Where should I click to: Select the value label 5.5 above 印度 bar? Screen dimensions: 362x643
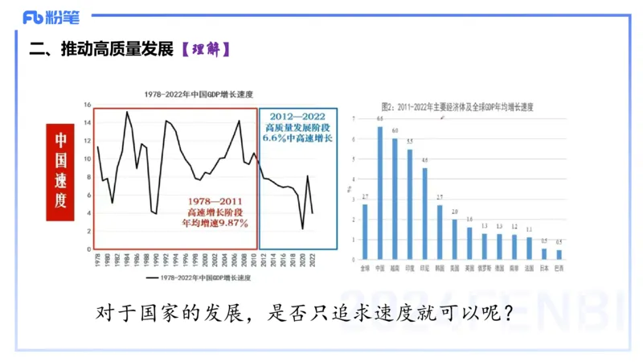tap(410, 142)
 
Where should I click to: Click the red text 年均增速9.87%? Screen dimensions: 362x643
tap(215, 223)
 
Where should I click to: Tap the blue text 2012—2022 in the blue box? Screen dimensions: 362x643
tap(298, 117)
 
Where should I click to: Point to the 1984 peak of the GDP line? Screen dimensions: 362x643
tap(127, 112)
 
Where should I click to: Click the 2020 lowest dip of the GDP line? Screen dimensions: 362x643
tap(303, 228)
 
